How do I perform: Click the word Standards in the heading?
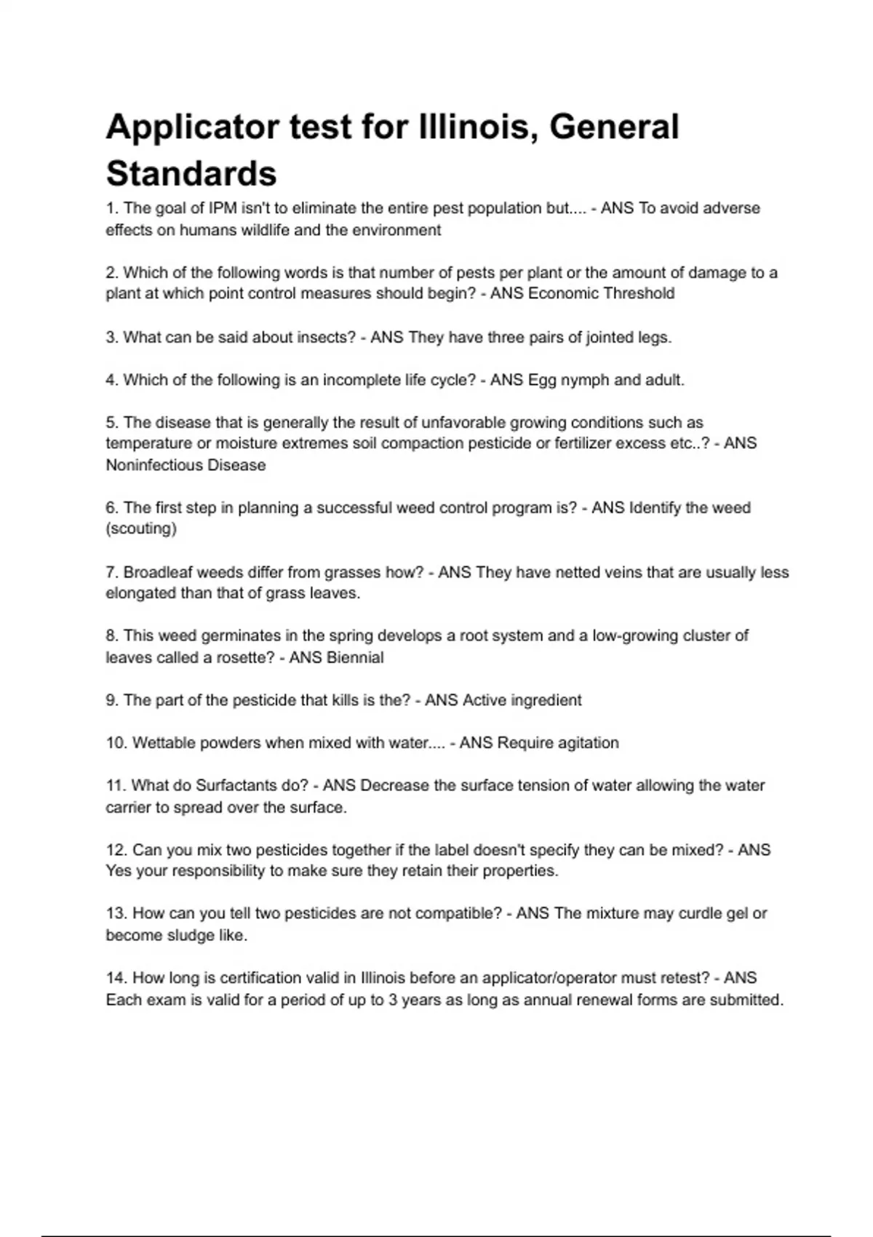click(191, 174)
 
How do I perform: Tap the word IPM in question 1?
click(223, 208)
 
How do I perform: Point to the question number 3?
click(111, 338)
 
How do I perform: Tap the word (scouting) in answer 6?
click(141, 529)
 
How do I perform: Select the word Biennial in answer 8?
click(355, 658)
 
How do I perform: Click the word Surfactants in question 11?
click(237, 786)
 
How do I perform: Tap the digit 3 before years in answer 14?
click(393, 1001)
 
